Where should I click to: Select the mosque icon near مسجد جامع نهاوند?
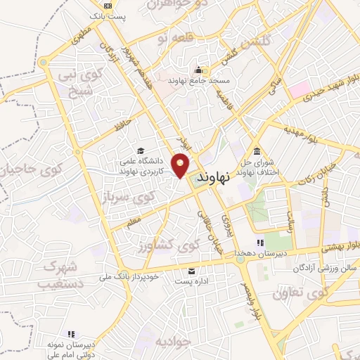(199, 70)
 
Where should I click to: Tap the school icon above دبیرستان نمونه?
(70, 334)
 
